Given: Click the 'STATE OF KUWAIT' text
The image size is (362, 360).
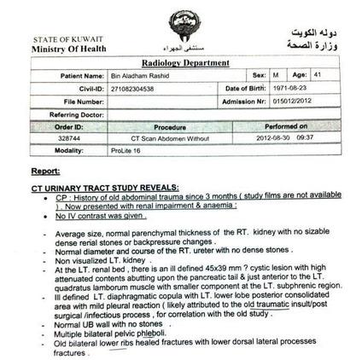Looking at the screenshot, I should tap(61, 40).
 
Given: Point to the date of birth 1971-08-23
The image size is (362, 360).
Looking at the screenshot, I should tap(291, 88).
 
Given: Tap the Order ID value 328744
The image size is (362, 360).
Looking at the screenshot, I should tap(69, 137).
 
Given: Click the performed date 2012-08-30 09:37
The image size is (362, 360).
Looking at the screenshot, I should tap(285, 137).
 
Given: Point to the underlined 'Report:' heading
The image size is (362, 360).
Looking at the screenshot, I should tap(45, 171).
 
